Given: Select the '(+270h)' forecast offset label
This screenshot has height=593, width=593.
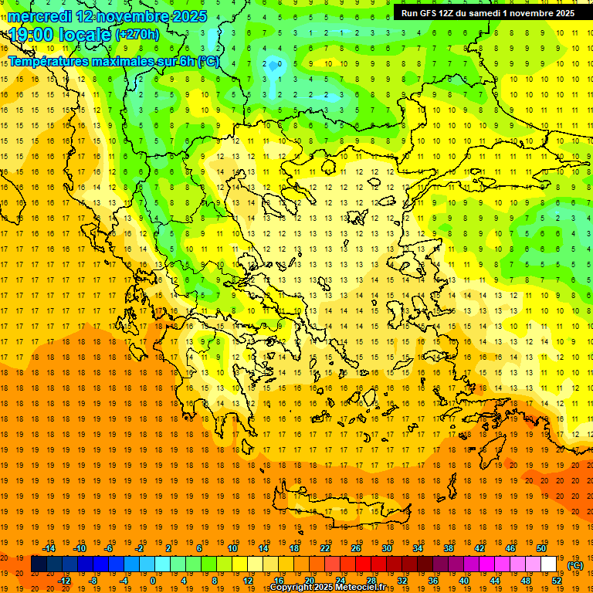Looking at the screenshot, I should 137,35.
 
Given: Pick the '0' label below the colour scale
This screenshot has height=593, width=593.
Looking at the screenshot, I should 152,581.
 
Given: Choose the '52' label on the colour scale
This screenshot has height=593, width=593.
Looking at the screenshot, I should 556,581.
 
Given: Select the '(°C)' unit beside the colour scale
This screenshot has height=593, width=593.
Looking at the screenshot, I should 575,565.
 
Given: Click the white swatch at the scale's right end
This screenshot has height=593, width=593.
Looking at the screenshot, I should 548,564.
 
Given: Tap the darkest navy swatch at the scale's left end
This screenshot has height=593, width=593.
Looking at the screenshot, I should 39,564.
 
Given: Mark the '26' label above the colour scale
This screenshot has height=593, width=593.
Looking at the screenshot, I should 356,548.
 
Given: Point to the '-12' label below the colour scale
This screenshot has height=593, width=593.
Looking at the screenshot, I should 64,581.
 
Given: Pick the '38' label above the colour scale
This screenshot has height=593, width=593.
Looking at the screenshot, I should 448,548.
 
